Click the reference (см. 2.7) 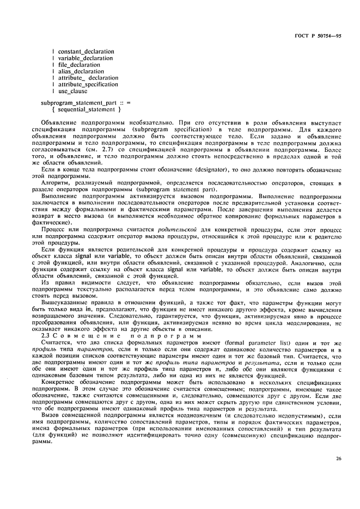click(x=117, y=149)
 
